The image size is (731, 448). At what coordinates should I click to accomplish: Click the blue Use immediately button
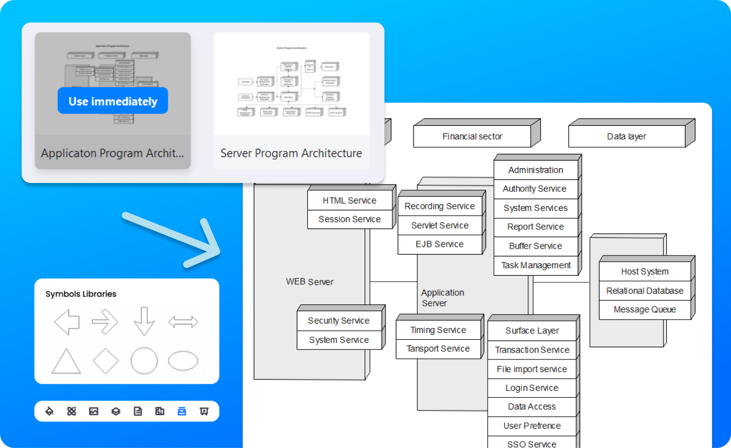113,101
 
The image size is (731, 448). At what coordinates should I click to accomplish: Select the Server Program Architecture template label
291,153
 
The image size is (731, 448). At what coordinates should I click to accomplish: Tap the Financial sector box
472,136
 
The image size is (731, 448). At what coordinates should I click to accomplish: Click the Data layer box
626,136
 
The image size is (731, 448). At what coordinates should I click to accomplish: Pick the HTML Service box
349,200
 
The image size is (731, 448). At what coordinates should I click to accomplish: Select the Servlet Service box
440,225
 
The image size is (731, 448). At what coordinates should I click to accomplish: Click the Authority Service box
535,189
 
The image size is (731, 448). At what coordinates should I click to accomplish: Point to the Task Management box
536,265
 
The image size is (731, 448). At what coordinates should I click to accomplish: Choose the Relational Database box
644,291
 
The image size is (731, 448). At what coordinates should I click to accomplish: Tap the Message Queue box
644,310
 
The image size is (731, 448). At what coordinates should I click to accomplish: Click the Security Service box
339,321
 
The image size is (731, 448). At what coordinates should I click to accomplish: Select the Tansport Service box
438,349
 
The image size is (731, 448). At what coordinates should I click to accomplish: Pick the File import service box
531,369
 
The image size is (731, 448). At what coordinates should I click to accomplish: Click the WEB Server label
309,282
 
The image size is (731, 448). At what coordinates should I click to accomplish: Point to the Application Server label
442,298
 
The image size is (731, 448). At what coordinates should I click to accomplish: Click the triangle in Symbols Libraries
66,362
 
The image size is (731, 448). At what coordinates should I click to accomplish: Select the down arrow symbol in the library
144,321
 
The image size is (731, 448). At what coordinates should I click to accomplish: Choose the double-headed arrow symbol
183,321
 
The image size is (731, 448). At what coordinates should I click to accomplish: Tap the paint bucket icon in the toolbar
49,411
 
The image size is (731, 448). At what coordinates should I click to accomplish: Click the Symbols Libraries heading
81,294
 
